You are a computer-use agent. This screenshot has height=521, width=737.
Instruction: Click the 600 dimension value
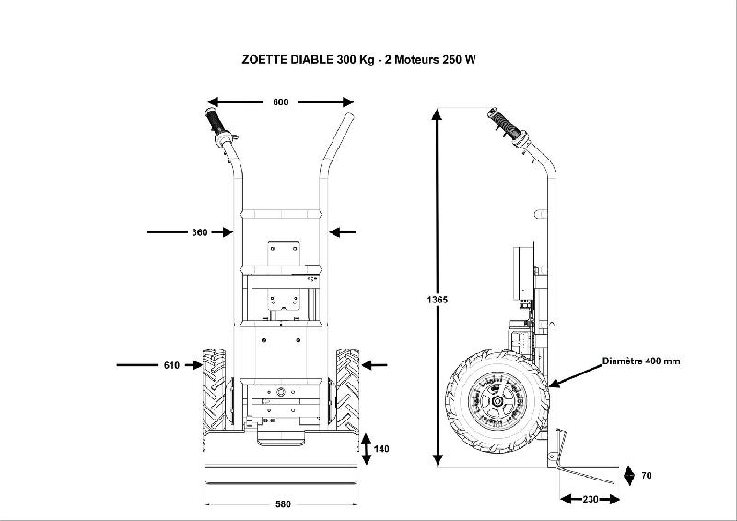[x=281, y=101]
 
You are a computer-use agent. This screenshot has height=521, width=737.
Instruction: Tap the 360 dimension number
[x=199, y=232]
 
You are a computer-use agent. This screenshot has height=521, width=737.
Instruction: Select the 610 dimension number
[x=171, y=365]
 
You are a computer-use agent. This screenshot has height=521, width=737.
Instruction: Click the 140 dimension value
[x=382, y=449]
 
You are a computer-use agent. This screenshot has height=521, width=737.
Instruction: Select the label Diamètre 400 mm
[x=641, y=361]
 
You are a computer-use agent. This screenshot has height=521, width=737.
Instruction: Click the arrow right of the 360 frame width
[x=343, y=232]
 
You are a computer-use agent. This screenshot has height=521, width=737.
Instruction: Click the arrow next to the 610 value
[x=192, y=365]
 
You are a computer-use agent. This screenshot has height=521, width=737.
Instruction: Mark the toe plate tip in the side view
[x=614, y=481]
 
